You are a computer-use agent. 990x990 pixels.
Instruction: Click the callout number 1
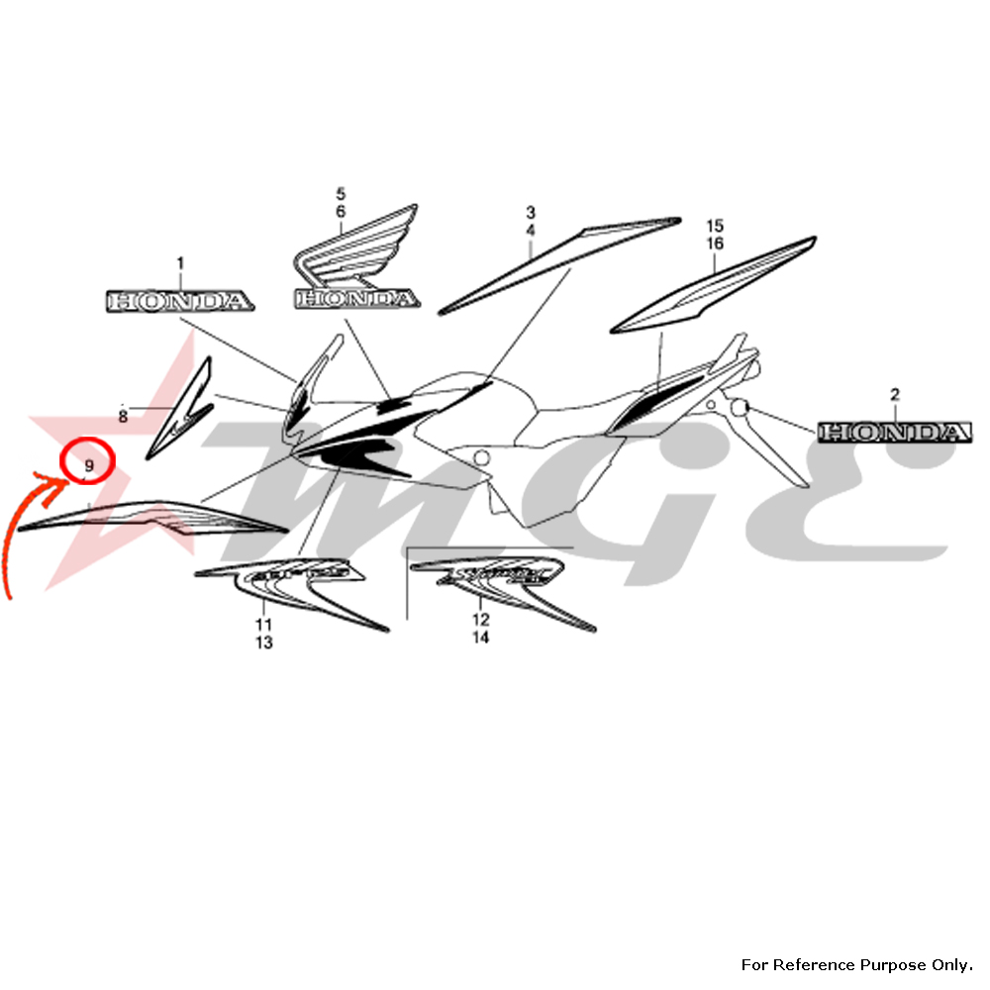(180, 263)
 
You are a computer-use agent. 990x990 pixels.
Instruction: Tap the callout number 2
(895, 394)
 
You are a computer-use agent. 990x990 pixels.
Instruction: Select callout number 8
(123, 417)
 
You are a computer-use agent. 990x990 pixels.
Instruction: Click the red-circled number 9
(89, 464)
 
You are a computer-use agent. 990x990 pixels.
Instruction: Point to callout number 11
(263, 624)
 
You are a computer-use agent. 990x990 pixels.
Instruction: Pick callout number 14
(480, 639)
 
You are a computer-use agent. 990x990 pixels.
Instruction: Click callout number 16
(716, 244)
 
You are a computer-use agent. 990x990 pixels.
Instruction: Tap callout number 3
(531, 212)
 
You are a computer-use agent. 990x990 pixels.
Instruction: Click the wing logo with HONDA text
(356, 262)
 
